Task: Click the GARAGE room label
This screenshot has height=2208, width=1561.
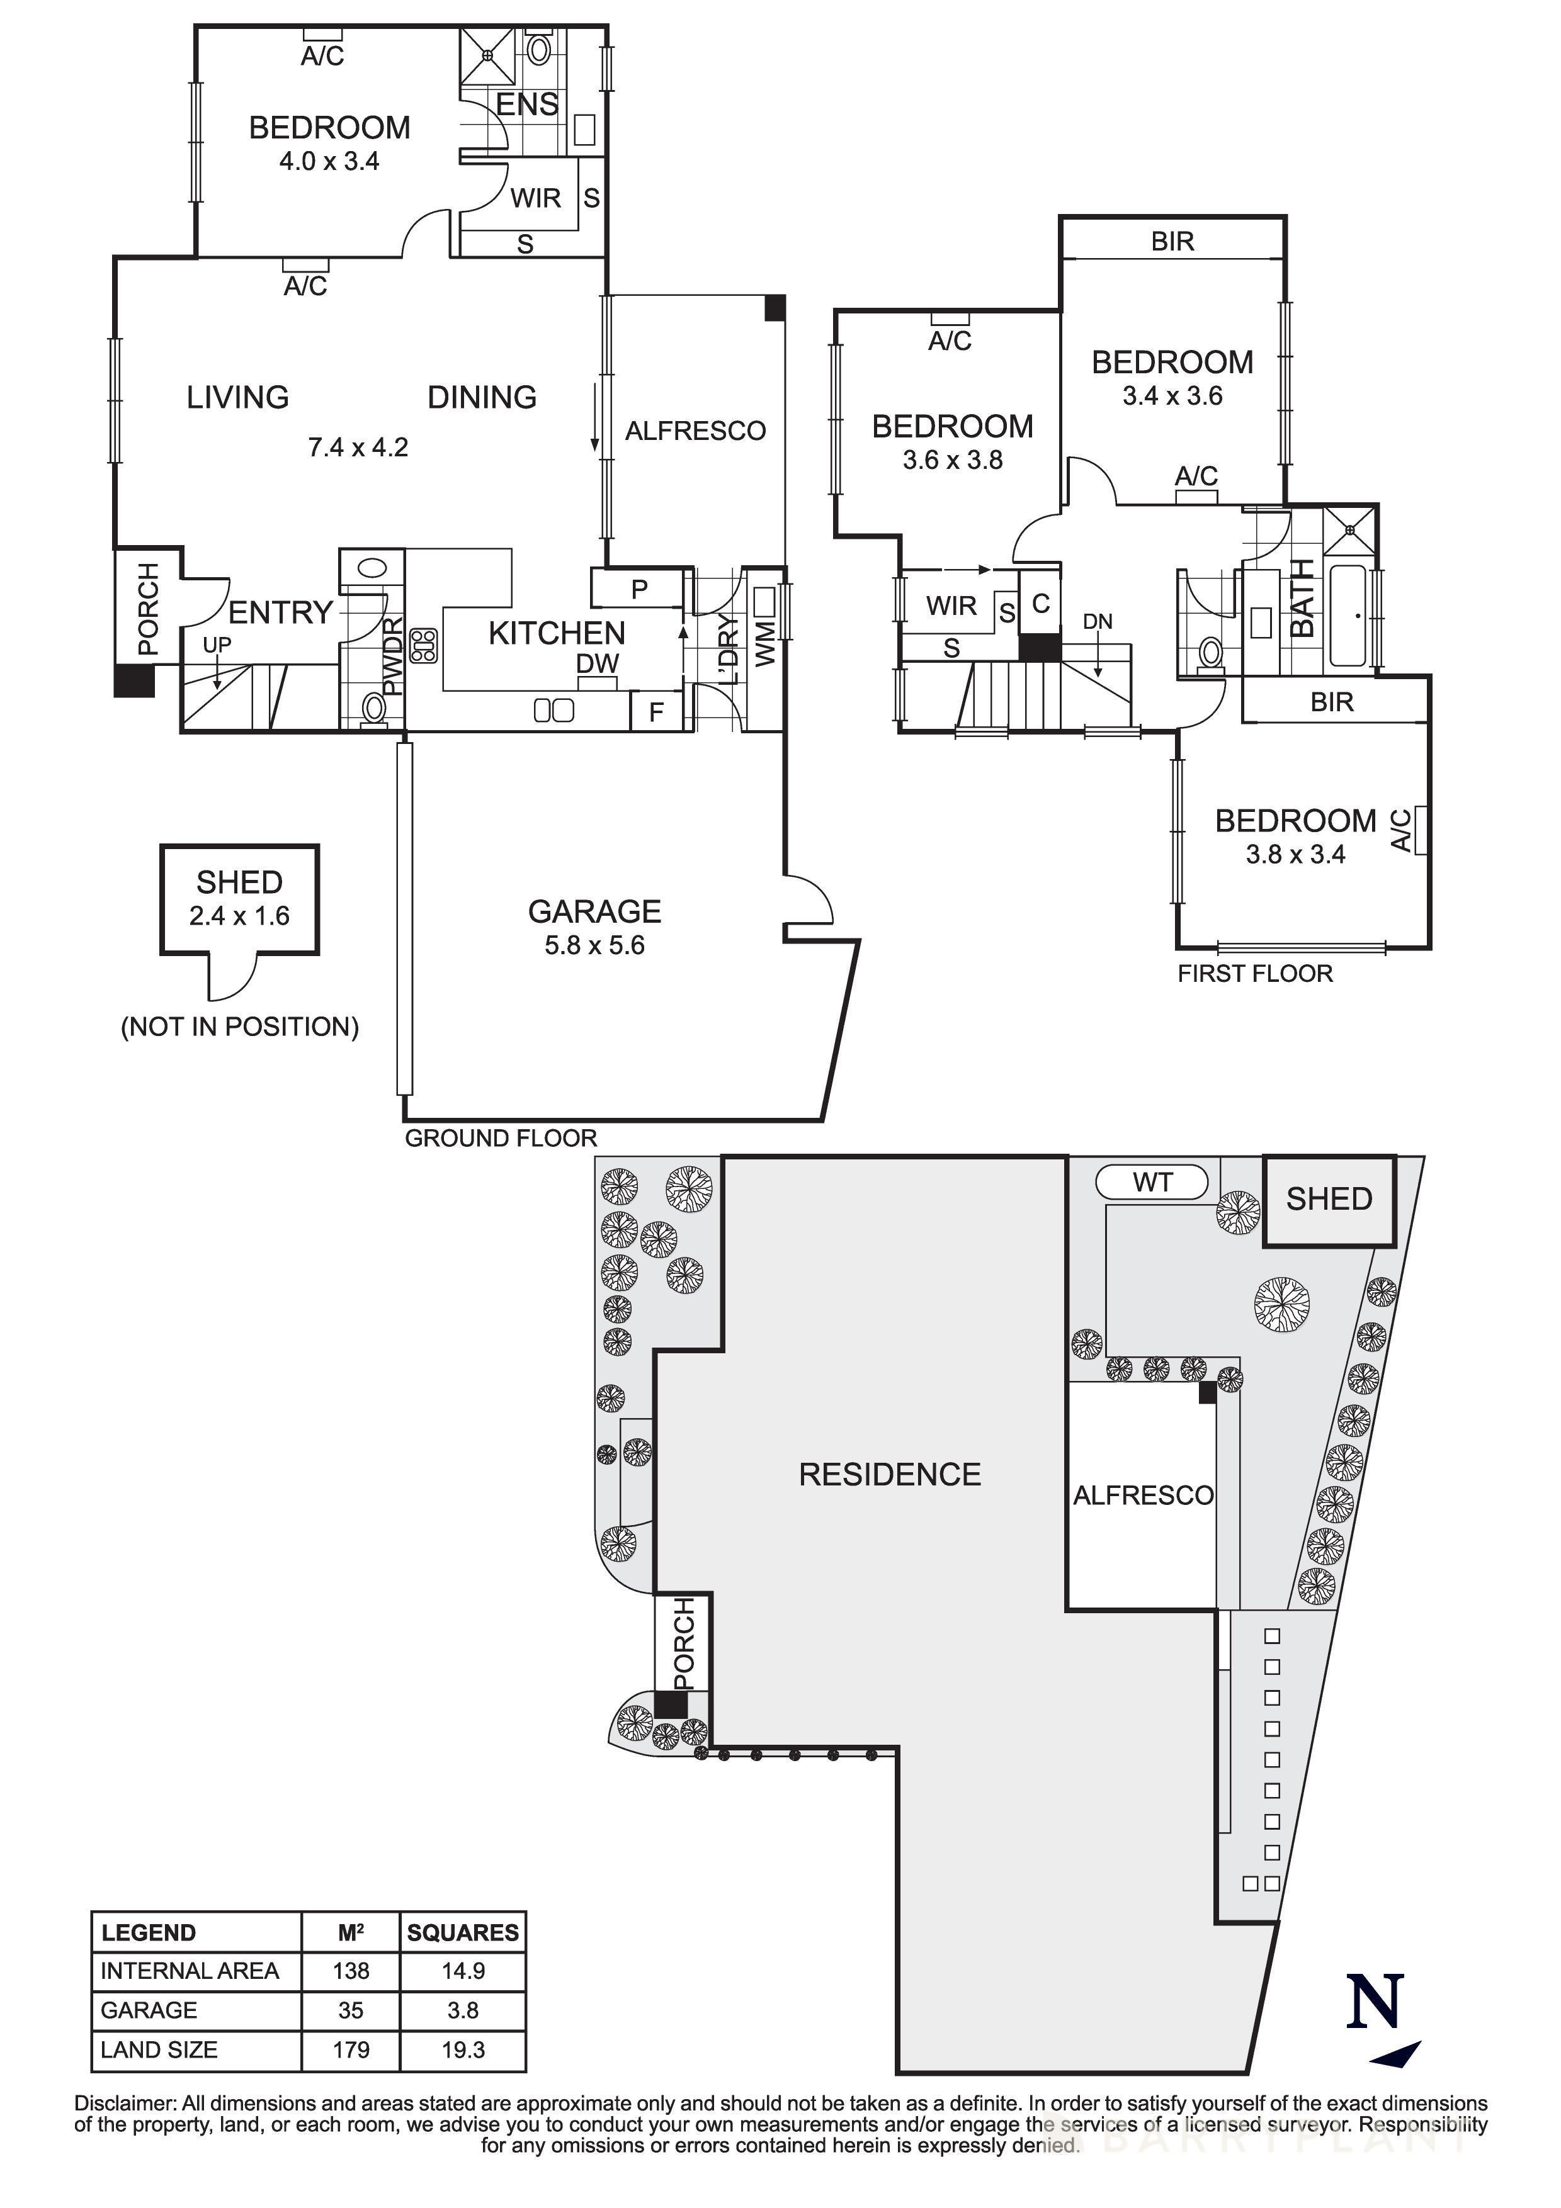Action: click(594, 911)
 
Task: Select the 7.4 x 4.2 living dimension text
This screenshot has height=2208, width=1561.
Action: click(358, 447)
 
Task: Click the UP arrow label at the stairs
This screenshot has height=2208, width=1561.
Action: click(217, 645)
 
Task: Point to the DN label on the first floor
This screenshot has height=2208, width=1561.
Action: click(1098, 622)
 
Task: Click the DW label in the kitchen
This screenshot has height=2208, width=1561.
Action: click(598, 663)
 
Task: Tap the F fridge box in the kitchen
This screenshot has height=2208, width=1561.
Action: click(656, 713)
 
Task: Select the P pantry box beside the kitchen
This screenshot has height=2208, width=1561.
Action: click(639, 589)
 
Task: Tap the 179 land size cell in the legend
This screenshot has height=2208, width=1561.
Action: click(351, 2049)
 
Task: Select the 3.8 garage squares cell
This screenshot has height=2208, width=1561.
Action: click(463, 2010)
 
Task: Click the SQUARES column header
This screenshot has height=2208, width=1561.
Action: click(463, 1933)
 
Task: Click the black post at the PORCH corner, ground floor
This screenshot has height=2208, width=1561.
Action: click(133, 681)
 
